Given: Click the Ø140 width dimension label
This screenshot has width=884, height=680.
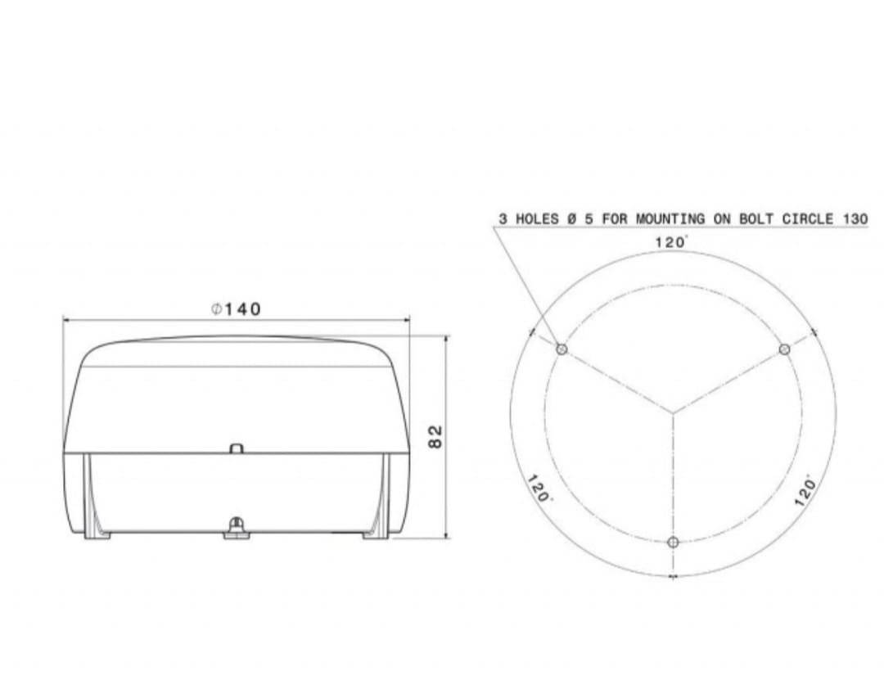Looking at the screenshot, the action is (237, 309).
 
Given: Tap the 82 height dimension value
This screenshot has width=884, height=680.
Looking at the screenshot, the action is (435, 436).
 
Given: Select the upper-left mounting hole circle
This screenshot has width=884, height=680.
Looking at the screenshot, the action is (562, 349).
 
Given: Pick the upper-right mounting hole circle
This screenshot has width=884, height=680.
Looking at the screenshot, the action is (784, 349).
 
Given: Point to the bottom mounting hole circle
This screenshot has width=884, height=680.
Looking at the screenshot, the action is (673, 543).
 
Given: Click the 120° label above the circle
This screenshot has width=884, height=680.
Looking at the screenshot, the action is (671, 242).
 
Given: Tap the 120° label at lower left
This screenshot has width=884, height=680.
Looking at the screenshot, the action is (539, 489).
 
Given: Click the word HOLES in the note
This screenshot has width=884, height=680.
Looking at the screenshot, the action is (537, 218).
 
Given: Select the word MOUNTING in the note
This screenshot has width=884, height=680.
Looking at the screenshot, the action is (670, 218).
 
